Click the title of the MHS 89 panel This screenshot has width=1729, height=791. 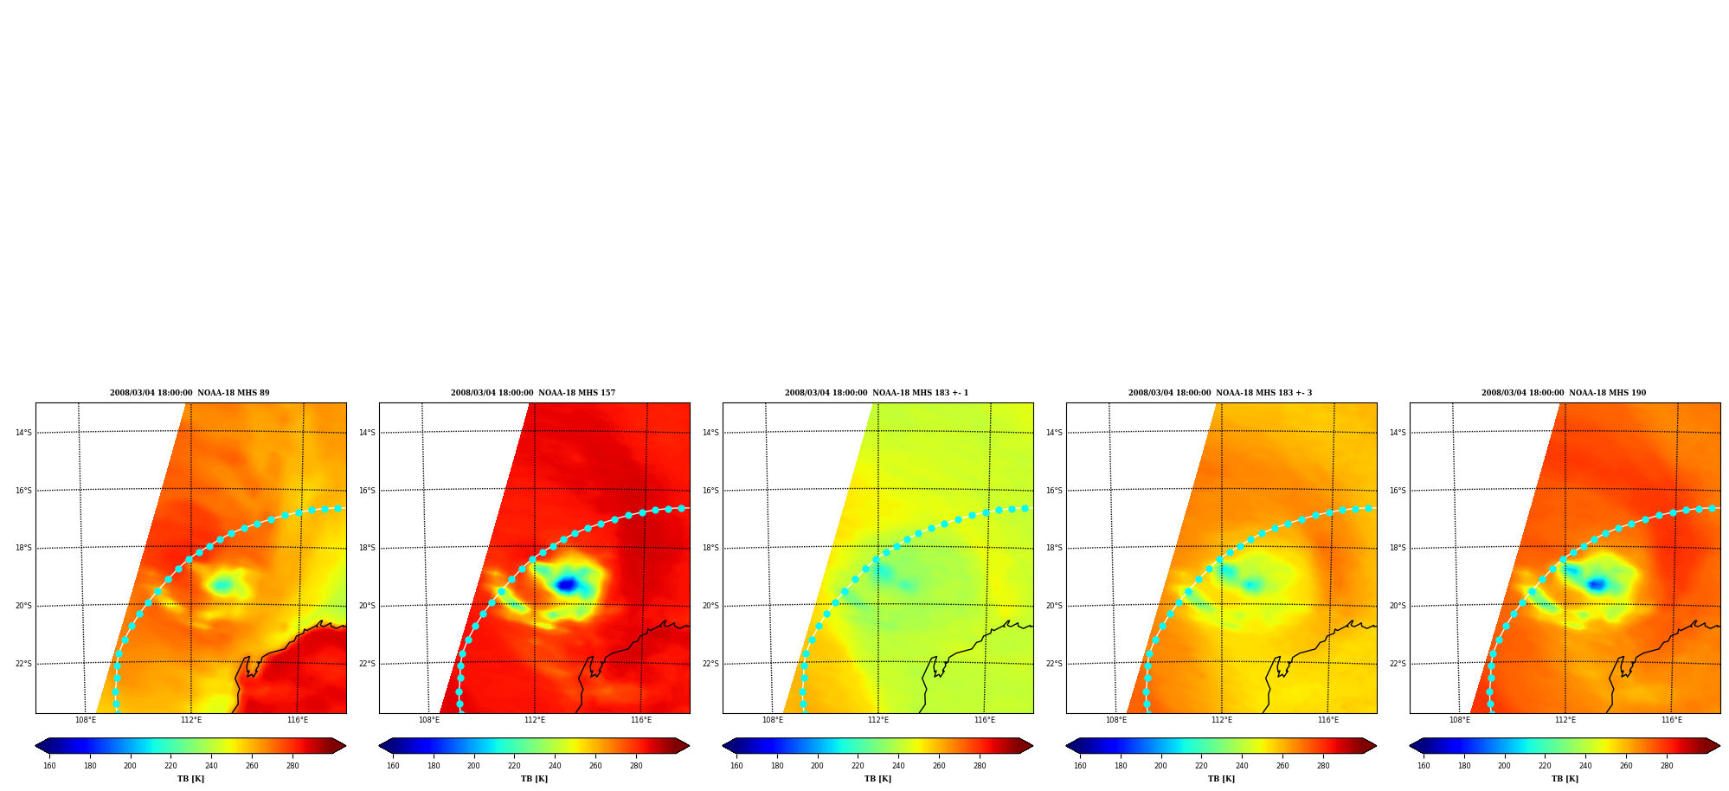pyautogui.click(x=190, y=393)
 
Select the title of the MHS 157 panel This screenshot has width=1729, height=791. pyautogui.click(x=533, y=393)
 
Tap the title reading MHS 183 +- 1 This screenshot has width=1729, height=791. pyautogui.click(x=877, y=393)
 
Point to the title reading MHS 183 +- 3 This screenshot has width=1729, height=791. pyautogui.click(x=1220, y=393)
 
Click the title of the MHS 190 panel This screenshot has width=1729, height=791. pyautogui.click(x=1564, y=393)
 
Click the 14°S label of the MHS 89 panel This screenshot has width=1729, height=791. pyautogui.click(x=23, y=433)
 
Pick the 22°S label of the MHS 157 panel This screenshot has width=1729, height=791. pyautogui.click(x=367, y=664)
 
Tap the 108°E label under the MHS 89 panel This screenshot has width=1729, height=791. pyautogui.click(x=85, y=720)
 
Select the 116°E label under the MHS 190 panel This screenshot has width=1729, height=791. pyautogui.click(x=1671, y=720)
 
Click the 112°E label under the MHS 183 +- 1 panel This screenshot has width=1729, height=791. pyautogui.click(x=878, y=720)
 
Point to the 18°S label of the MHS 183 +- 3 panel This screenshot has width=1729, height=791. pyautogui.click(x=1054, y=548)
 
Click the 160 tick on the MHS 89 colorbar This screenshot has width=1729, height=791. pyautogui.click(x=49, y=765)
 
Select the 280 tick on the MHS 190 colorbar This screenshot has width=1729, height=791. pyautogui.click(x=1667, y=765)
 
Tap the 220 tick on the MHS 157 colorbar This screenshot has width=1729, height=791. pyautogui.click(x=514, y=765)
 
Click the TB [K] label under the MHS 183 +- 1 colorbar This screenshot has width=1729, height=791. pyautogui.click(x=877, y=779)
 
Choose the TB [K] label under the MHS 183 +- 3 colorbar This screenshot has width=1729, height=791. pyautogui.click(x=1221, y=779)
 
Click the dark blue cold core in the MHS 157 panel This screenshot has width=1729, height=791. pyautogui.click(x=567, y=585)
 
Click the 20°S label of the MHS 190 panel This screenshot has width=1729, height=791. pyautogui.click(x=1398, y=606)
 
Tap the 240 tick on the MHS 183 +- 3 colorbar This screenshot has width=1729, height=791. pyautogui.click(x=1242, y=765)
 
